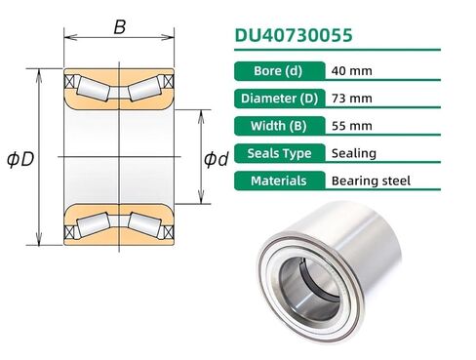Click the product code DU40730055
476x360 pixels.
294,35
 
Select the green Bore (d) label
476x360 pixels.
280,71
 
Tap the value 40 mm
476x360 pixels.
352,71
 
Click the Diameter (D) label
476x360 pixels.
280,99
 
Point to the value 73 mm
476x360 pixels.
352,99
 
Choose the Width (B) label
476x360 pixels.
280,126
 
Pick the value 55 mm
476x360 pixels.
352,126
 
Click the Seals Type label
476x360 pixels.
280,153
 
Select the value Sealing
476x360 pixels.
354,153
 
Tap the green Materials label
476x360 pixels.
280,180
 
